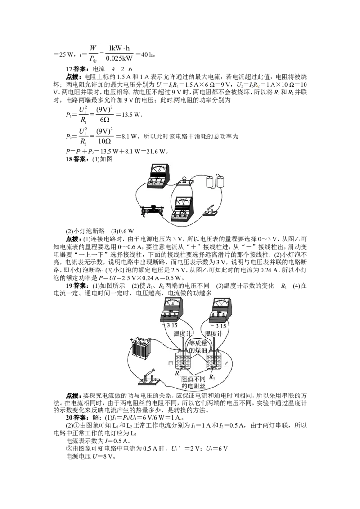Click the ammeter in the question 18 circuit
click(x=157, y=176)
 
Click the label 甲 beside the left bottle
click(x=171, y=363)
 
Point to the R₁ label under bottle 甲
click(x=178, y=373)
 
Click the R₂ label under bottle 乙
click(x=212, y=377)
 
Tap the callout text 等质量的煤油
click(x=198, y=347)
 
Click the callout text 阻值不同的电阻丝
click(x=193, y=383)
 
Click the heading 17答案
click(x=78, y=69)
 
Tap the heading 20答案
click(x=78, y=417)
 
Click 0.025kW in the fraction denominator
click(x=119, y=58)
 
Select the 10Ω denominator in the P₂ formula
click(x=104, y=141)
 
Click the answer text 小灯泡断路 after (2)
click(x=89, y=231)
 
